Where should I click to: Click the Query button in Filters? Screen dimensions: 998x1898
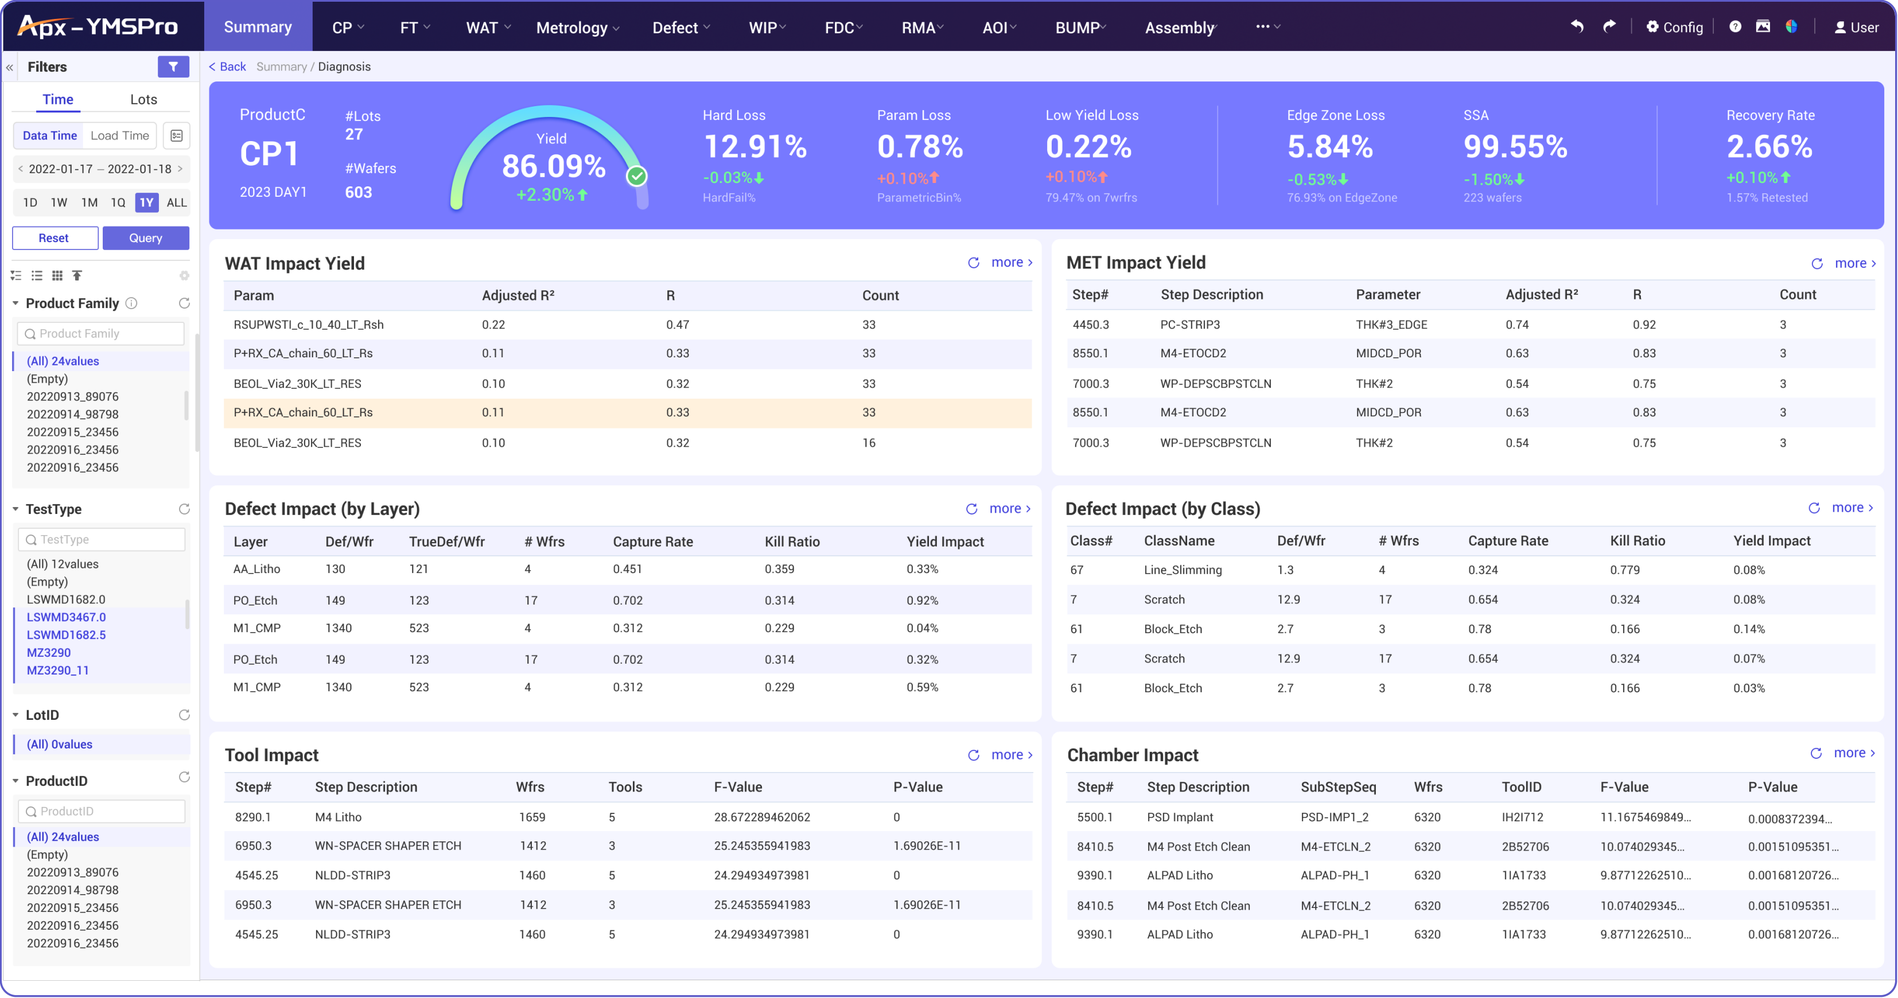pyautogui.click(x=145, y=238)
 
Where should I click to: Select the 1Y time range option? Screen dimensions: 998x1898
pyautogui.click(x=147, y=202)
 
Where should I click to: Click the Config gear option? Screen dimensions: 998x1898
pyautogui.click(x=1674, y=28)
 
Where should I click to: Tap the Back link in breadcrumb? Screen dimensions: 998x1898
pyautogui.click(x=228, y=67)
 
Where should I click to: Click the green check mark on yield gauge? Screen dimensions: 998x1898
pyautogui.click(x=637, y=176)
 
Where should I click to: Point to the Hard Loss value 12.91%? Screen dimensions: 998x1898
pyautogui.click(x=755, y=147)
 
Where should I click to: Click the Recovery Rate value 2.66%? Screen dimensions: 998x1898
pyautogui.click(x=1769, y=147)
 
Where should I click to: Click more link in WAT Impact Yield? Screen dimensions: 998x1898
pyautogui.click(x=1011, y=262)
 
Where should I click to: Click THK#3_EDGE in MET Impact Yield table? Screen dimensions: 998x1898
pyautogui.click(x=1391, y=325)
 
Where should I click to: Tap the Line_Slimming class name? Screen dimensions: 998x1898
pyautogui.click(x=1182, y=570)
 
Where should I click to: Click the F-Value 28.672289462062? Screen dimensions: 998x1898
pyautogui.click(x=762, y=817)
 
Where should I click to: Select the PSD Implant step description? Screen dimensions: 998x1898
pyautogui.click(x=1180, y=817)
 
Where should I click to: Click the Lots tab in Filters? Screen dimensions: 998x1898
pyautogui.click(x=143, y=99)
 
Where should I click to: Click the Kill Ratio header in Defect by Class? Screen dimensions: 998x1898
pyautogui.click(x=1637, y=541)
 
